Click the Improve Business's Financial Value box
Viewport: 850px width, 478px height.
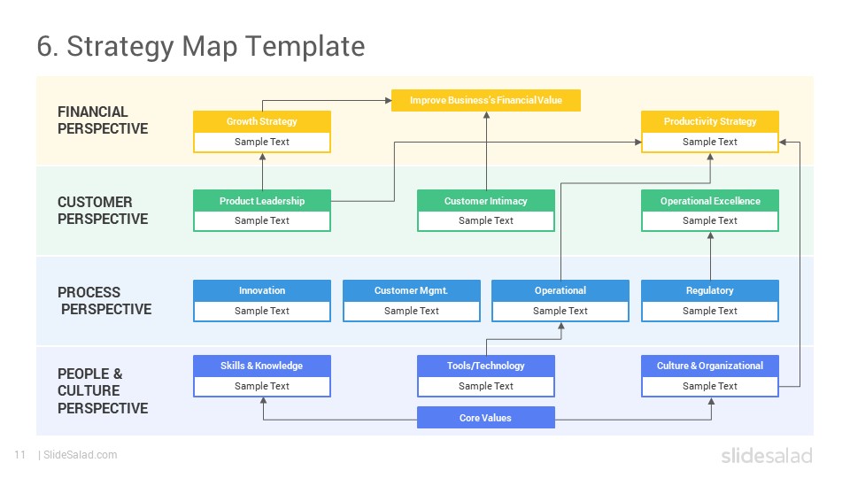[x=486, y=100]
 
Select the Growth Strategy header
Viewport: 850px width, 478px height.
[x=262, y=121]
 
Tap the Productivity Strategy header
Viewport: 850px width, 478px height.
[x=709, y=121]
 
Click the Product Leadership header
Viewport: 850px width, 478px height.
[x=262, y=201]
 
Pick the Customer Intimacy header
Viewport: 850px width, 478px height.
[x=486, y=201]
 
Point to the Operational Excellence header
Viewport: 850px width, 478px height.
[x=709, y=201]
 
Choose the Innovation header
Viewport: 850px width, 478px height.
[x=262, y=290]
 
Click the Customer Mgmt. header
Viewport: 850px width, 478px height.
[x=412, y=290]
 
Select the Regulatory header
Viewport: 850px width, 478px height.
[x=709, y=290]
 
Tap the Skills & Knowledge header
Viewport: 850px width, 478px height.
[x=262, y=366]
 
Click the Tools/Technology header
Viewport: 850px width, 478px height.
[x=486, y=366]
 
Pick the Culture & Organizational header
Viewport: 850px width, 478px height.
[x=709, y=366]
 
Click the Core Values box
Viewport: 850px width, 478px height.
[x=486, y=418]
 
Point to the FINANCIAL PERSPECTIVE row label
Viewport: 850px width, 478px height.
[x=103, y=120]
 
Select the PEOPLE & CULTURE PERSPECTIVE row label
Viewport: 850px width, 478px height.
[x=103, y=390]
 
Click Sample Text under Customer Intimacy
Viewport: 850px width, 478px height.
[x=486, y=220]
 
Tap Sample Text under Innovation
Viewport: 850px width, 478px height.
[x=262, y=311]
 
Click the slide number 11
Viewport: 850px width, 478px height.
[x=20, y=455]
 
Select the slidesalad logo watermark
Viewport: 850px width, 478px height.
[x=767, y=455]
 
